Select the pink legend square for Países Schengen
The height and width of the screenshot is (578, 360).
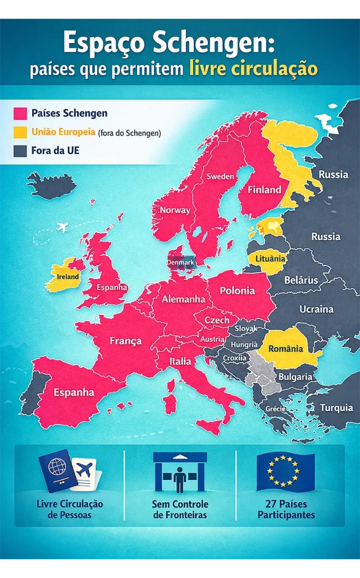[20, 113]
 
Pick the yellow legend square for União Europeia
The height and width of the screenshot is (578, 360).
[20, 132]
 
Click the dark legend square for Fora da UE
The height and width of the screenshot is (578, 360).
[20, 151]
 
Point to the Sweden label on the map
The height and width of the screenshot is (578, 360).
[220, 176]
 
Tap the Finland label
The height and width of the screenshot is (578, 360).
[264, 190]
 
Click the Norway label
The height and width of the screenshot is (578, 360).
[175, 210]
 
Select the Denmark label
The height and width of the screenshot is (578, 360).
[181, 262]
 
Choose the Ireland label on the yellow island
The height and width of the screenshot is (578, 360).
[68, 277]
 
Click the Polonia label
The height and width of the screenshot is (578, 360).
[237, 291]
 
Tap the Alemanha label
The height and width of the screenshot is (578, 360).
[183, 299]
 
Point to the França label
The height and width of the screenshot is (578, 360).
[125, 341]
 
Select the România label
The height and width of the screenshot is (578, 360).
[286, 349]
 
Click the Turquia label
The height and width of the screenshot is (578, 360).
[336, 408]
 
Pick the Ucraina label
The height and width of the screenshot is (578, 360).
[316, 309]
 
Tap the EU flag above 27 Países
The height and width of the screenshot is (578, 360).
[286, 471]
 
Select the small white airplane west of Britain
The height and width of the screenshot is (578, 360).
[63, 227]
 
